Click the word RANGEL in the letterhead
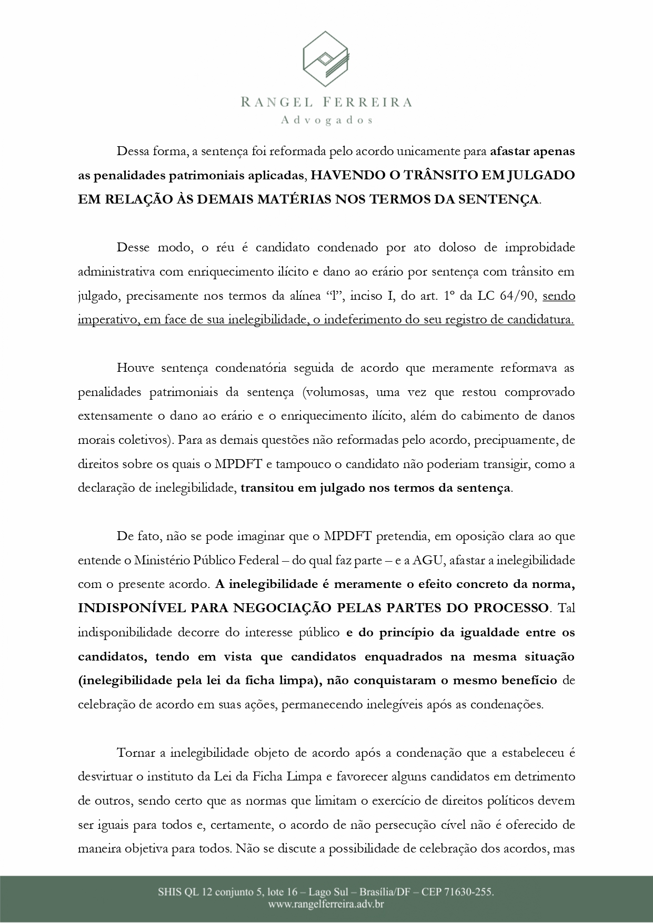point(275,102)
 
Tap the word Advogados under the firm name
point(327,120)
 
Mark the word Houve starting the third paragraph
point(135,368)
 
